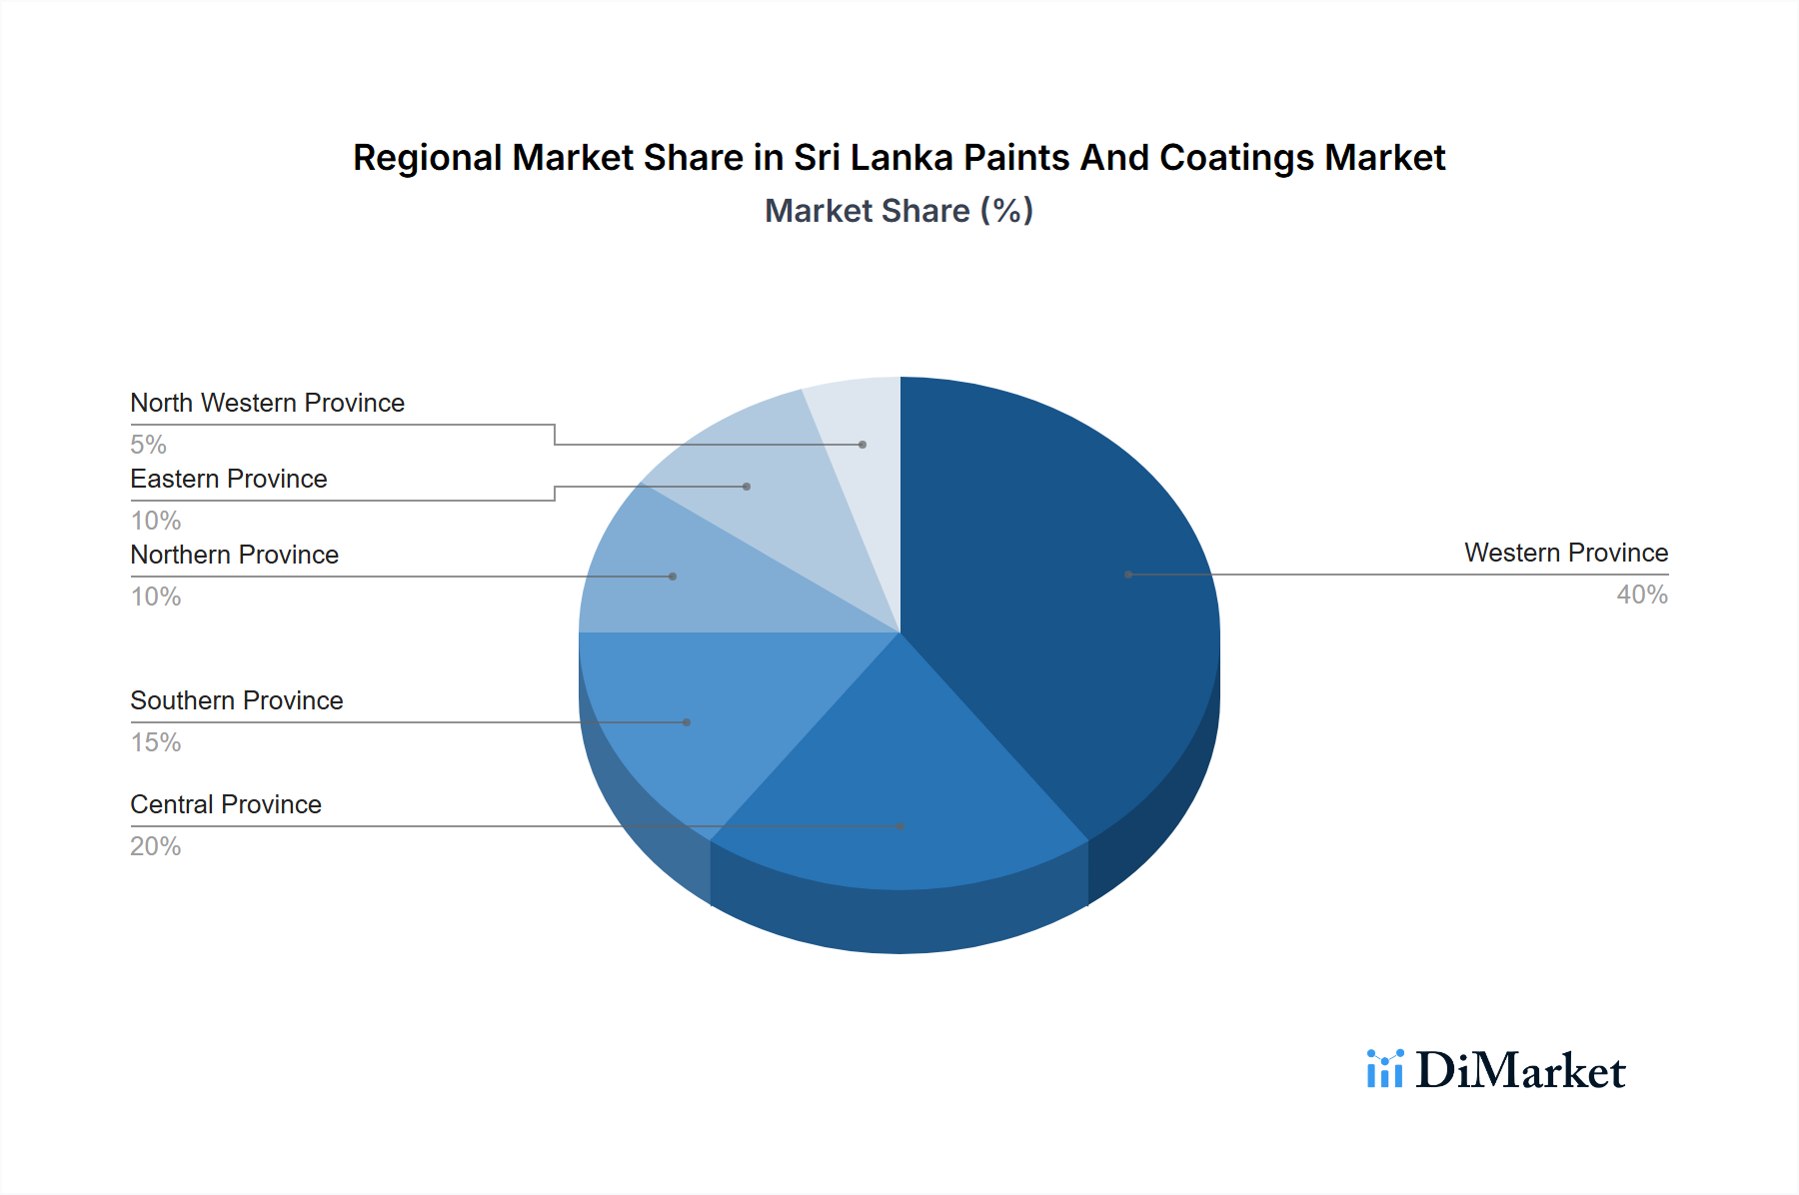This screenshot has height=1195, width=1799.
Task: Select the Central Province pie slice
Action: coord(899,789)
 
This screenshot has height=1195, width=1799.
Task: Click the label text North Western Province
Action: coord(267,403)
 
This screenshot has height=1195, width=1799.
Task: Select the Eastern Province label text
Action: coord(229,479)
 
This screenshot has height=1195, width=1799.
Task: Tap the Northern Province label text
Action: coord(234,555)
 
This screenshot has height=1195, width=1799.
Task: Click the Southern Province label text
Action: coord(236,700)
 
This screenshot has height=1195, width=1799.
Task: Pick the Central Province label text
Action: coord(226,804)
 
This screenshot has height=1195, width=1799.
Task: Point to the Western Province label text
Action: coord(1565,553)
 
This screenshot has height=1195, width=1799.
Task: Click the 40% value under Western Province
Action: coord(1642,595)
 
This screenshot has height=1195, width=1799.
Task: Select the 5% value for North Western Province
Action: coord(148,445)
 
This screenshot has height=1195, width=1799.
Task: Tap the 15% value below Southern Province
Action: coord(156,742)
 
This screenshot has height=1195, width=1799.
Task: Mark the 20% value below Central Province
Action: coord(156,846)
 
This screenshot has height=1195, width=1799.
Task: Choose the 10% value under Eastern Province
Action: coord(156,521)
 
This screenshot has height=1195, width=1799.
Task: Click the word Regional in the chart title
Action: coord(427,158)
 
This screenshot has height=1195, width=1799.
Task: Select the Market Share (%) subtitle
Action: coord(899,211)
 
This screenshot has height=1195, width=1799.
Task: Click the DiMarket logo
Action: coord(1496,1070)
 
